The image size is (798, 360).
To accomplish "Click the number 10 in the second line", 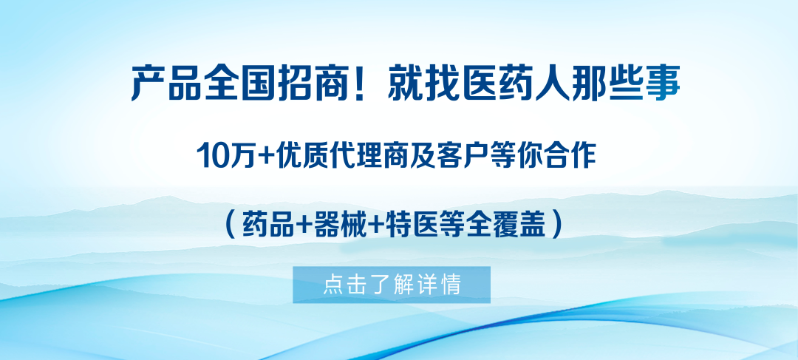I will [211, 156].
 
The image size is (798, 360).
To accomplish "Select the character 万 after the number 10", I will [238, 156].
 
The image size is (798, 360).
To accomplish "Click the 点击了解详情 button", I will [392, 285].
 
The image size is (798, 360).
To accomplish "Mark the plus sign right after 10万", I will [261, 157].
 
